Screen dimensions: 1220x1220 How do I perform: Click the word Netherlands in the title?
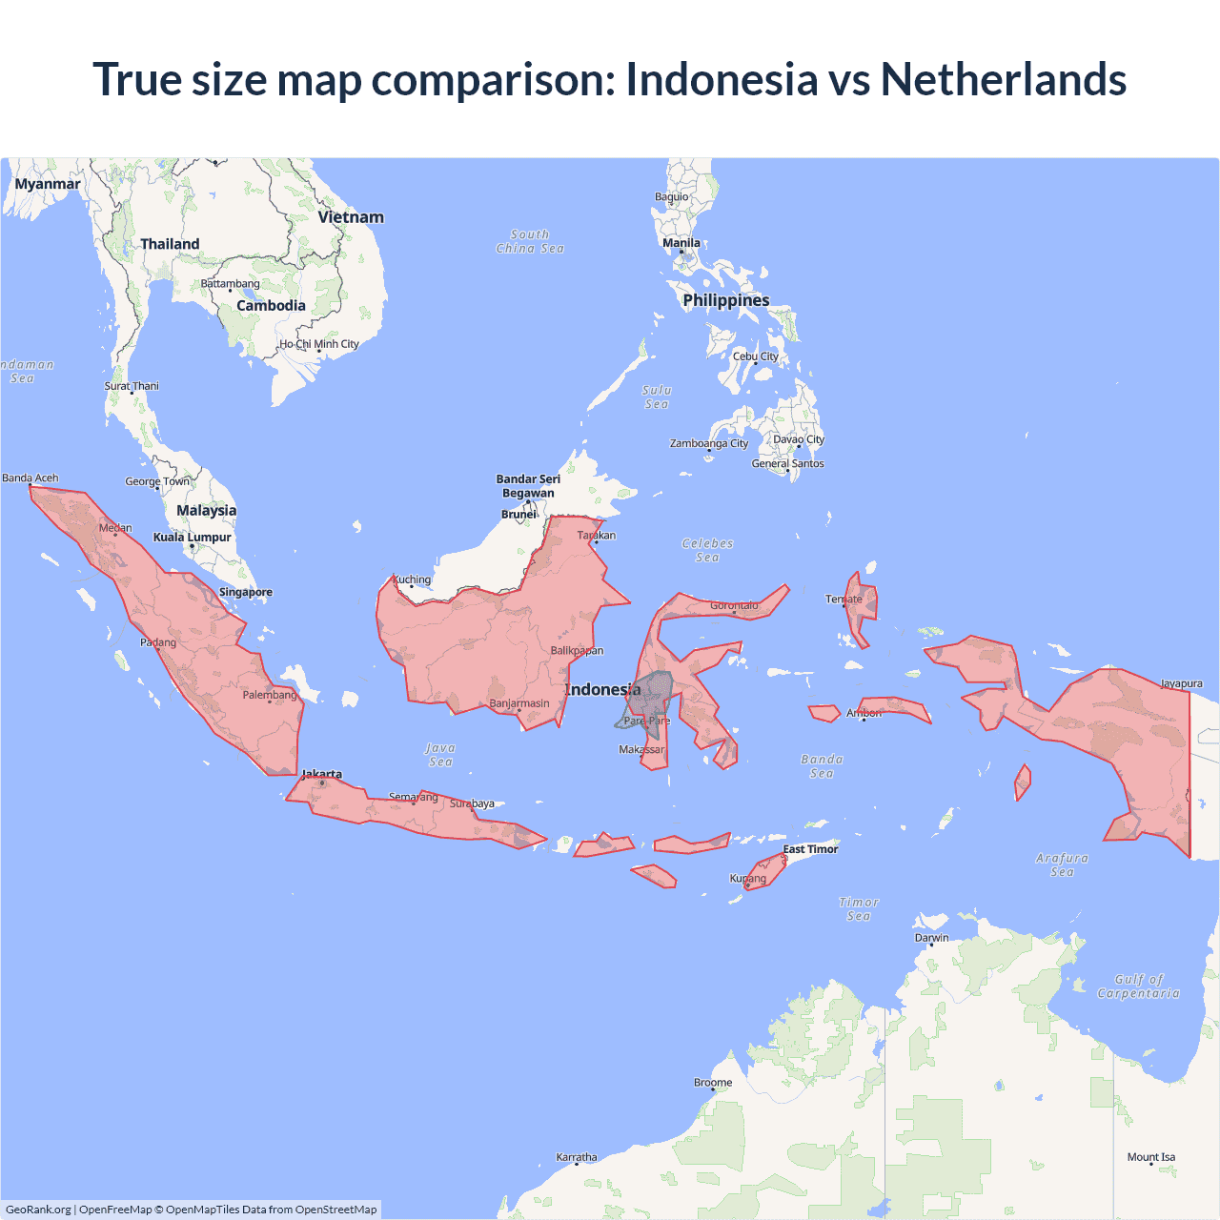point(1003,79)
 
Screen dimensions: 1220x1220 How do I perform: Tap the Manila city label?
point(681,243)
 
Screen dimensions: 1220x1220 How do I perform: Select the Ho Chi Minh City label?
point(319,344)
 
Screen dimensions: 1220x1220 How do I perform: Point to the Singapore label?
point(246,592)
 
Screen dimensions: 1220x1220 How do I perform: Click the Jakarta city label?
point(322,774)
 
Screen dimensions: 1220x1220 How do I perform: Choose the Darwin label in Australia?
point(931,938)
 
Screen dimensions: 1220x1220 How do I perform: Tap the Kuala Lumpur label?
point(193,538)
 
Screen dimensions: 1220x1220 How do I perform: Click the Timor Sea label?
point(859,909)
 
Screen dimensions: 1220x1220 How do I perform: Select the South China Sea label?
point(530,241)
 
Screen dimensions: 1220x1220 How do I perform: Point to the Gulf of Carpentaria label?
point(1138,986)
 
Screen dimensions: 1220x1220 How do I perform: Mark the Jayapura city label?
point(1181,683)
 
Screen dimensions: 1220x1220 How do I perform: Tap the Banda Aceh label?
point(30,478)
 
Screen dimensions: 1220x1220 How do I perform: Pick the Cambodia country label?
point(271,306)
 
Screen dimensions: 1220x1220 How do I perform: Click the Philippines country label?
point(725,300)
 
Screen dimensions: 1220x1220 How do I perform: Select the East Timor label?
point(810,849)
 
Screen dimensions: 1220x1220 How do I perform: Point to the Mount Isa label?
point(1151,1157)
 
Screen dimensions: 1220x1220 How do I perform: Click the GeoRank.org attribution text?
point(38,1210)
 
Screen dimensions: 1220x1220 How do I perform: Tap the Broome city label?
point(713,1083)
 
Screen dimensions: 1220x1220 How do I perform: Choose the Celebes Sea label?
point(707,550)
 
